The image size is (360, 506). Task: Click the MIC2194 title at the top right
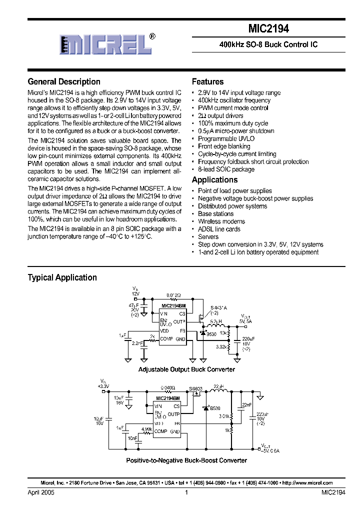click(268, 29)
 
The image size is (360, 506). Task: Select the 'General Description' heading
click(64, 81)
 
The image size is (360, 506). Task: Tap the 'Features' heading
click(207, 81)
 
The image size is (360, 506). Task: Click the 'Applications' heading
click(214, 179)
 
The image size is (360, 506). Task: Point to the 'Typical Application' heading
click(62, 277)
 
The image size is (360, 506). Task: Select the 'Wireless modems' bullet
click(221, 221)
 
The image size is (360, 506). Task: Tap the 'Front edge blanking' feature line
click(224, 146)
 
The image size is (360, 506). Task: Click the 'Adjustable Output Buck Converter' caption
click(186, 369)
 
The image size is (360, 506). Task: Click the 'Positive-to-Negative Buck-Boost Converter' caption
click(186, 460)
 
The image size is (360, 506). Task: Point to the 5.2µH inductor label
click(216, 322)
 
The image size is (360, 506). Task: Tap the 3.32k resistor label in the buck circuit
click(220, 346)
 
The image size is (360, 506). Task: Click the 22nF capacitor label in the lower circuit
click(246, 404)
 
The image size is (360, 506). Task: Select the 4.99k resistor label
click(146, 428)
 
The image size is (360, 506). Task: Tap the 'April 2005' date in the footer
click(41, 492)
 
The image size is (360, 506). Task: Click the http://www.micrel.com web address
click(308, 483)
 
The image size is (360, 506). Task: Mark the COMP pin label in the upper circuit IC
click(166, 339)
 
